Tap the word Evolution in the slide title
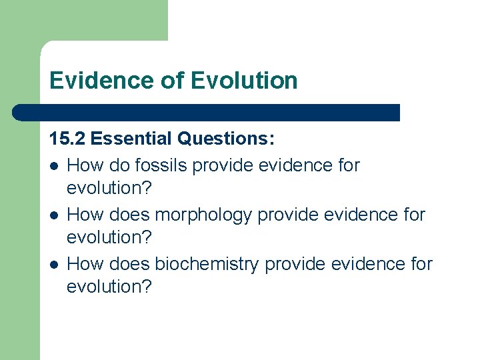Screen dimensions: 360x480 [x=244, y=81]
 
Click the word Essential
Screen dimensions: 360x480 [x=131, y=139]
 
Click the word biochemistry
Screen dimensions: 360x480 [x=207, y=263]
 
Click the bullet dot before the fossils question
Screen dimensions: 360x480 [x=54, y=165]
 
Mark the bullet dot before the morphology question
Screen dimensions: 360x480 [x=54, y=215]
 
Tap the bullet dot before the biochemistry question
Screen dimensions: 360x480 [x=54, y=264]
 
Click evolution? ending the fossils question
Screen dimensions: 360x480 [x=109, y=188]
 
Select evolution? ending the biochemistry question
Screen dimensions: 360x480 [x=109, y=287]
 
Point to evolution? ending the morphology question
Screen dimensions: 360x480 [x=109, y=237]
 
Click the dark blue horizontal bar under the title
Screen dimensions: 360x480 [x=207, y=113]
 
